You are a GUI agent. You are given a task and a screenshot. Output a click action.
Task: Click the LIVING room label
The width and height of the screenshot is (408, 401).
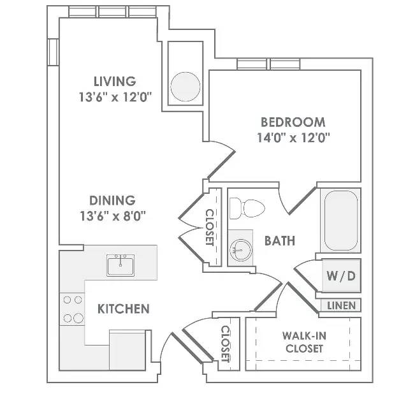115,81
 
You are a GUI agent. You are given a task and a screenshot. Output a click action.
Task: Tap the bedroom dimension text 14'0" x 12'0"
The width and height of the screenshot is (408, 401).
293,138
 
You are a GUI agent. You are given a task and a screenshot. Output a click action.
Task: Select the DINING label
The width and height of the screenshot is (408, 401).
112,200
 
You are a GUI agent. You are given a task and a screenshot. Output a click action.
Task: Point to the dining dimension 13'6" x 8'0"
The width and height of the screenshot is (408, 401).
113,216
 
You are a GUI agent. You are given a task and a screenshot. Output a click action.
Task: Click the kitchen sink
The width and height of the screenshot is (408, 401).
120,265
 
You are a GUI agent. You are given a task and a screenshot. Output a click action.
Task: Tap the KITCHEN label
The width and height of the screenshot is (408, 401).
124,309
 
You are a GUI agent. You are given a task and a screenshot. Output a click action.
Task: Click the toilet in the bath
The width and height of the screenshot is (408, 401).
247,208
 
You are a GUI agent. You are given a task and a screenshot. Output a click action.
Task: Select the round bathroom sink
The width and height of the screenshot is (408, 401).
241,250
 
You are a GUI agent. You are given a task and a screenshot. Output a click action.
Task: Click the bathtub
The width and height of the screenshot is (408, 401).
341,221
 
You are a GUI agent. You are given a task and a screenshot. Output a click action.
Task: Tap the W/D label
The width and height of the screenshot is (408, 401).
341,276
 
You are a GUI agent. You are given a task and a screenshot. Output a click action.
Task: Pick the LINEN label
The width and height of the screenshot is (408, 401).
342,306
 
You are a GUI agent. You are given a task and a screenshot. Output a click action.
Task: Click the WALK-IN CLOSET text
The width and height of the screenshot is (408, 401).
305,342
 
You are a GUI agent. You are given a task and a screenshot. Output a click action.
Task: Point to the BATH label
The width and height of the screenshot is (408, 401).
280,241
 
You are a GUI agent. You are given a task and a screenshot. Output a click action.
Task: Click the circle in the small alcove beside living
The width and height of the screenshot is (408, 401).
186,87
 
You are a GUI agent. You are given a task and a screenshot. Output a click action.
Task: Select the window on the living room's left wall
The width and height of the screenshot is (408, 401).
53,52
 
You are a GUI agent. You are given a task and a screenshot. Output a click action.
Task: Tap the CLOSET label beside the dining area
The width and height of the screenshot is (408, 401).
210,228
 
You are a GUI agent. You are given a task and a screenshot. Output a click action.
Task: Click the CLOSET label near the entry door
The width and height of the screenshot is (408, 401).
225,344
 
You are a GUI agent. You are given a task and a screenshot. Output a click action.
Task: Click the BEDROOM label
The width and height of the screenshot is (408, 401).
293,122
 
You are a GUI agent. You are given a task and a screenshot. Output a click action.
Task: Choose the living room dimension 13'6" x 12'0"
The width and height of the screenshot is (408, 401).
115,98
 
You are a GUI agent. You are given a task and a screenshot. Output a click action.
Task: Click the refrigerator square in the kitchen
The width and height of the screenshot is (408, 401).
127,350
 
